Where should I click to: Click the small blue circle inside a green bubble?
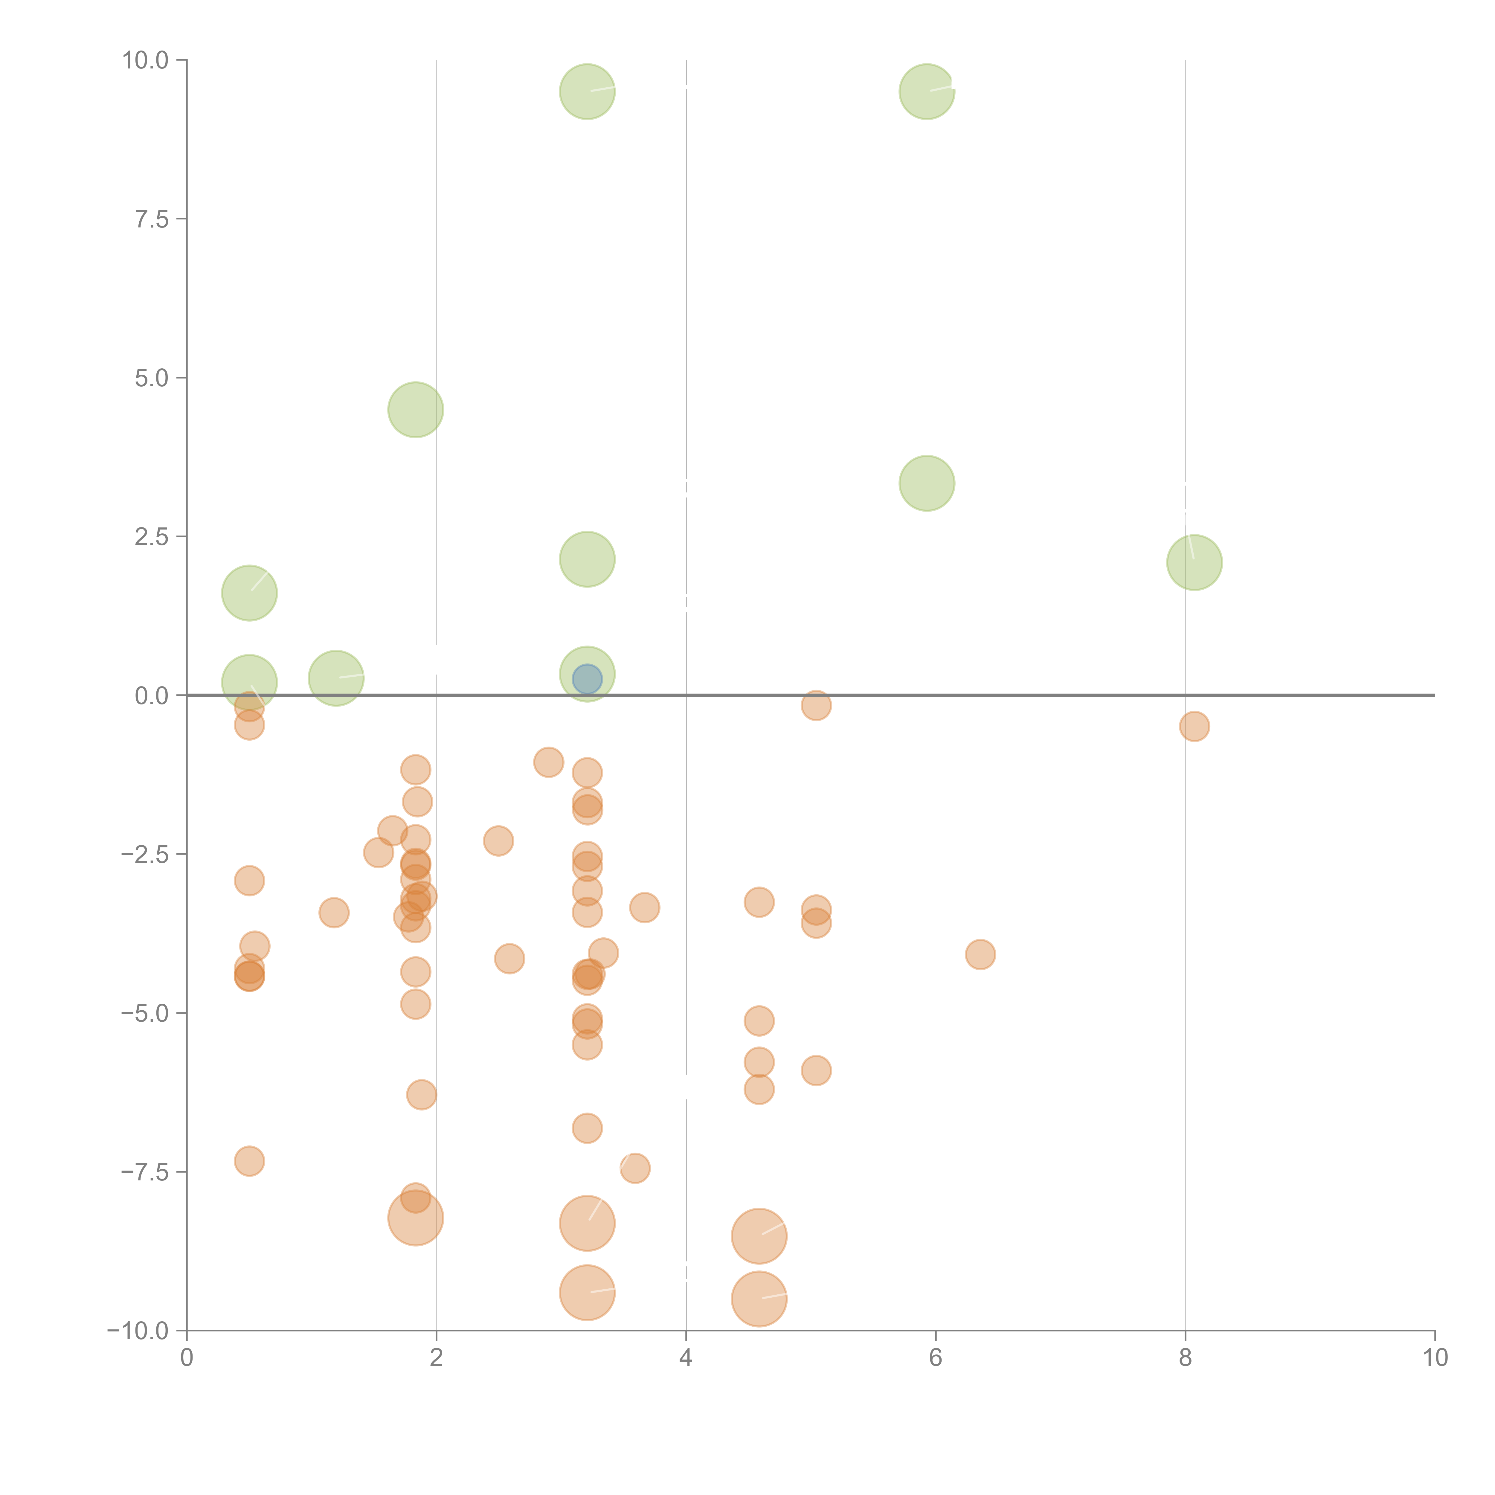[587, 679]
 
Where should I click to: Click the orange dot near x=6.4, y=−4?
[980, 954]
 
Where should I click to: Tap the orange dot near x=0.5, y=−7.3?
[249, 1161]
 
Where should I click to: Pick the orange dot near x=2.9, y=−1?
[549, 762]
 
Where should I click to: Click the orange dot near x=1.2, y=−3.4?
[333, 912]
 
